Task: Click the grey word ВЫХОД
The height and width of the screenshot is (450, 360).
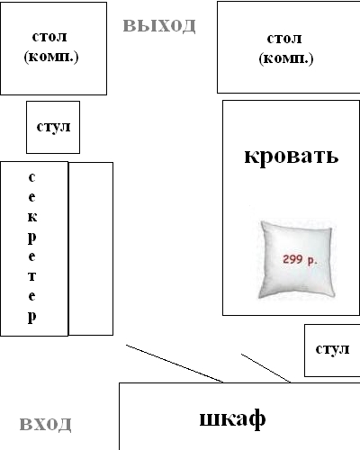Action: (159, 26)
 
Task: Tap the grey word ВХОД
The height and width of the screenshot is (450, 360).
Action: (46, 424)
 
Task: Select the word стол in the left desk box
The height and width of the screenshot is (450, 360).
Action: (49, 37)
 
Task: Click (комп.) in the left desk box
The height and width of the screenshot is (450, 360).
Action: (51, 57)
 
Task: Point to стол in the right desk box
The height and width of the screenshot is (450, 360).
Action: (284, 39)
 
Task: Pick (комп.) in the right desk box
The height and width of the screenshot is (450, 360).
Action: (286, 58)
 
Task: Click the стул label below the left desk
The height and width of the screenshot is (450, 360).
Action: (53, 127)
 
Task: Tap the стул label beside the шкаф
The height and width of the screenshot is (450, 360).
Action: (332, 349)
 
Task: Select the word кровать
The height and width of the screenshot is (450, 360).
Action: (292, 156)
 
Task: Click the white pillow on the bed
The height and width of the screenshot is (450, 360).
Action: (296, 259)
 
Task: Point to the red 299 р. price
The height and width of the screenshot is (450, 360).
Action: (300, 259)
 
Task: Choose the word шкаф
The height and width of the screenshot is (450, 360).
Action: (232, 418)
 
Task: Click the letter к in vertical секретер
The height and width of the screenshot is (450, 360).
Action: (32, 217)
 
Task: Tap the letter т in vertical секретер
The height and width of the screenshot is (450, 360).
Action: (32, 276)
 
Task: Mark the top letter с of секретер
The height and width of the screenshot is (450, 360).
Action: (31, 177)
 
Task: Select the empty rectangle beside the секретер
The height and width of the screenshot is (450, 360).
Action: (91, 248)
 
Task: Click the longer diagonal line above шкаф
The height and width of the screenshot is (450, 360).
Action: (175, 364)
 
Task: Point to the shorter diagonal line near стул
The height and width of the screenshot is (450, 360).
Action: (266, 368)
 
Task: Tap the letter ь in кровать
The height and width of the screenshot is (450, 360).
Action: (332, 157)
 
